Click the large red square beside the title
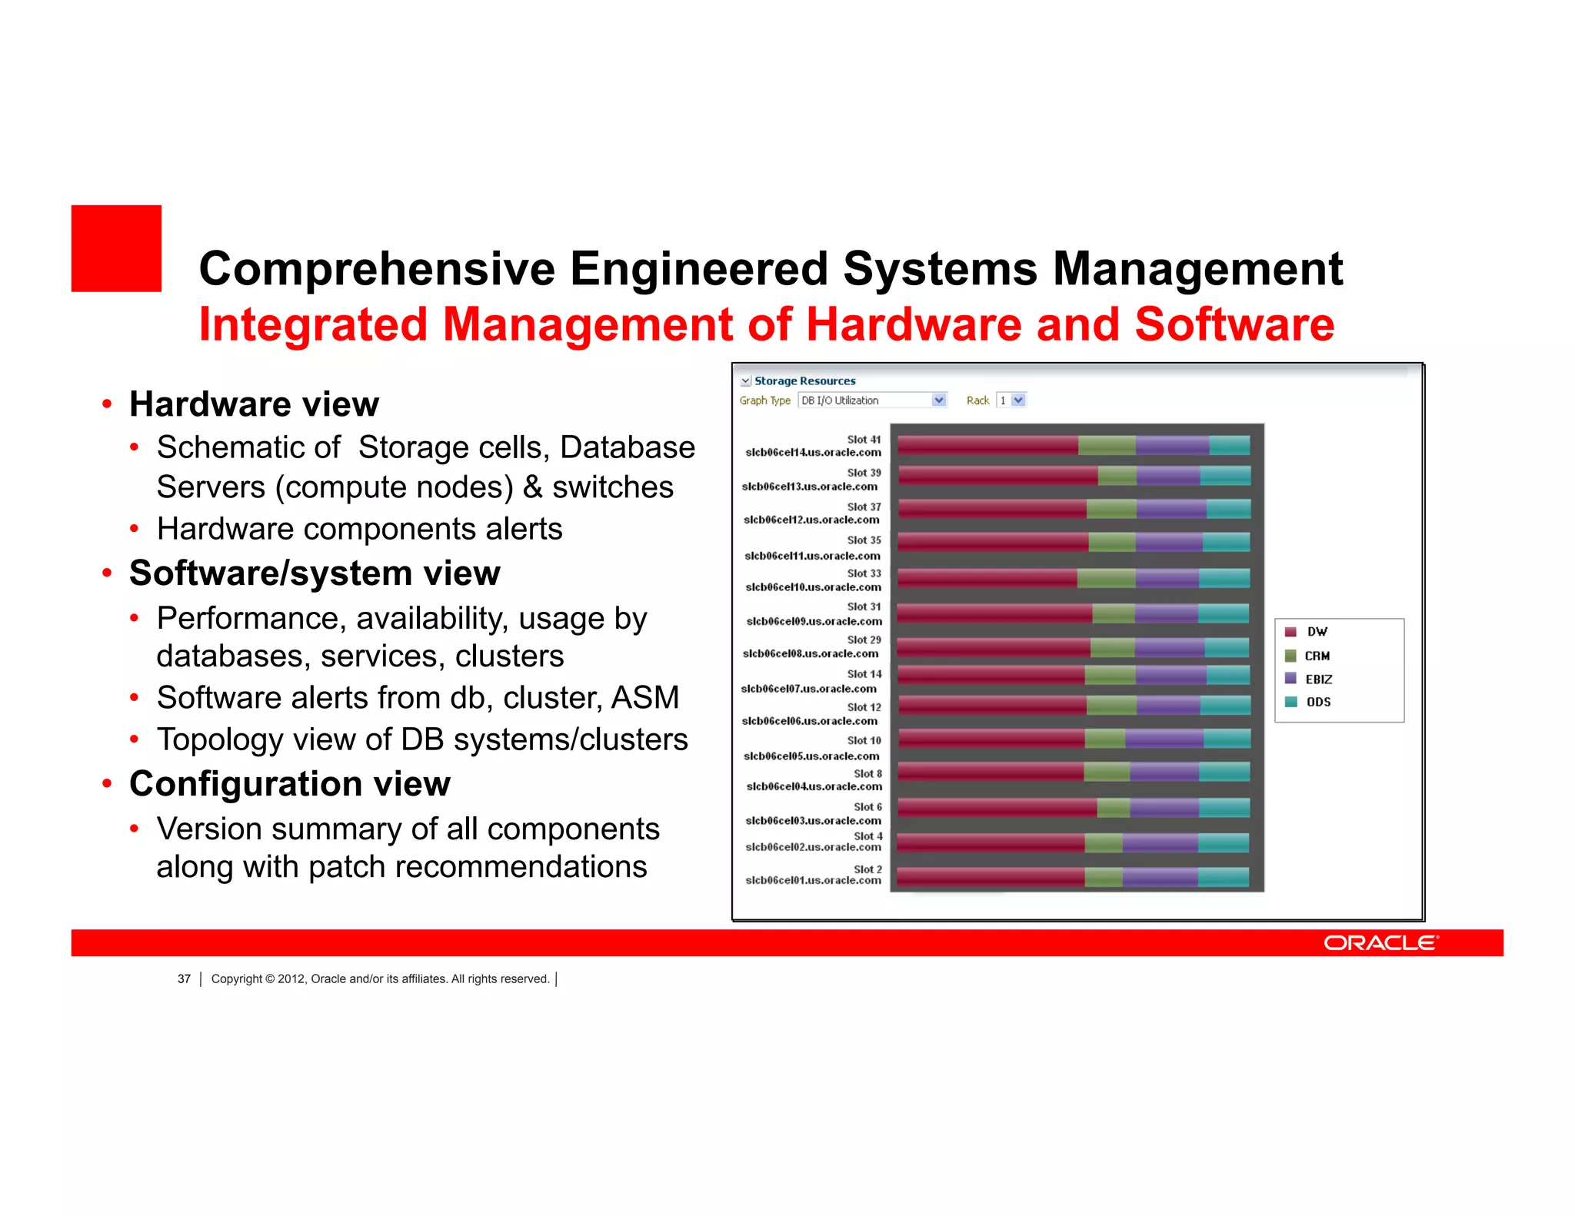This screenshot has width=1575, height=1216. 116,248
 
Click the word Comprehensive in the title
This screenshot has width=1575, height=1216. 377,269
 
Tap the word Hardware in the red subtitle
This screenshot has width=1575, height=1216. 914,324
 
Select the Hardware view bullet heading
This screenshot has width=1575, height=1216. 254,404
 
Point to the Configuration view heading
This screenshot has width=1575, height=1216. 289,784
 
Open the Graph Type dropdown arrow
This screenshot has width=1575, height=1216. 938,400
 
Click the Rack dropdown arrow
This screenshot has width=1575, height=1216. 1018,400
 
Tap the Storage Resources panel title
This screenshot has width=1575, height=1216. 804,381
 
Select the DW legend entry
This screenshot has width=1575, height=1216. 1317,632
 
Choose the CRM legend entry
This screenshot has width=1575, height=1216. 1317,656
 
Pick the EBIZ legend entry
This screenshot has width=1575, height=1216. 1318,679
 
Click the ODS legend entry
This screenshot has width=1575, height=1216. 1318,702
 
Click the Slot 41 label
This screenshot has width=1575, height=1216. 864,440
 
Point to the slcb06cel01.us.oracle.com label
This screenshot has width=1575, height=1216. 813,880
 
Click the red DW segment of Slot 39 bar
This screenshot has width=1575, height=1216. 997,476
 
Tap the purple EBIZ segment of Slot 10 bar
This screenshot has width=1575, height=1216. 1164,739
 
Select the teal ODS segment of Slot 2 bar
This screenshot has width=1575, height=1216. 1223,877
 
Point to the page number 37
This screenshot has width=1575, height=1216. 184,979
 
